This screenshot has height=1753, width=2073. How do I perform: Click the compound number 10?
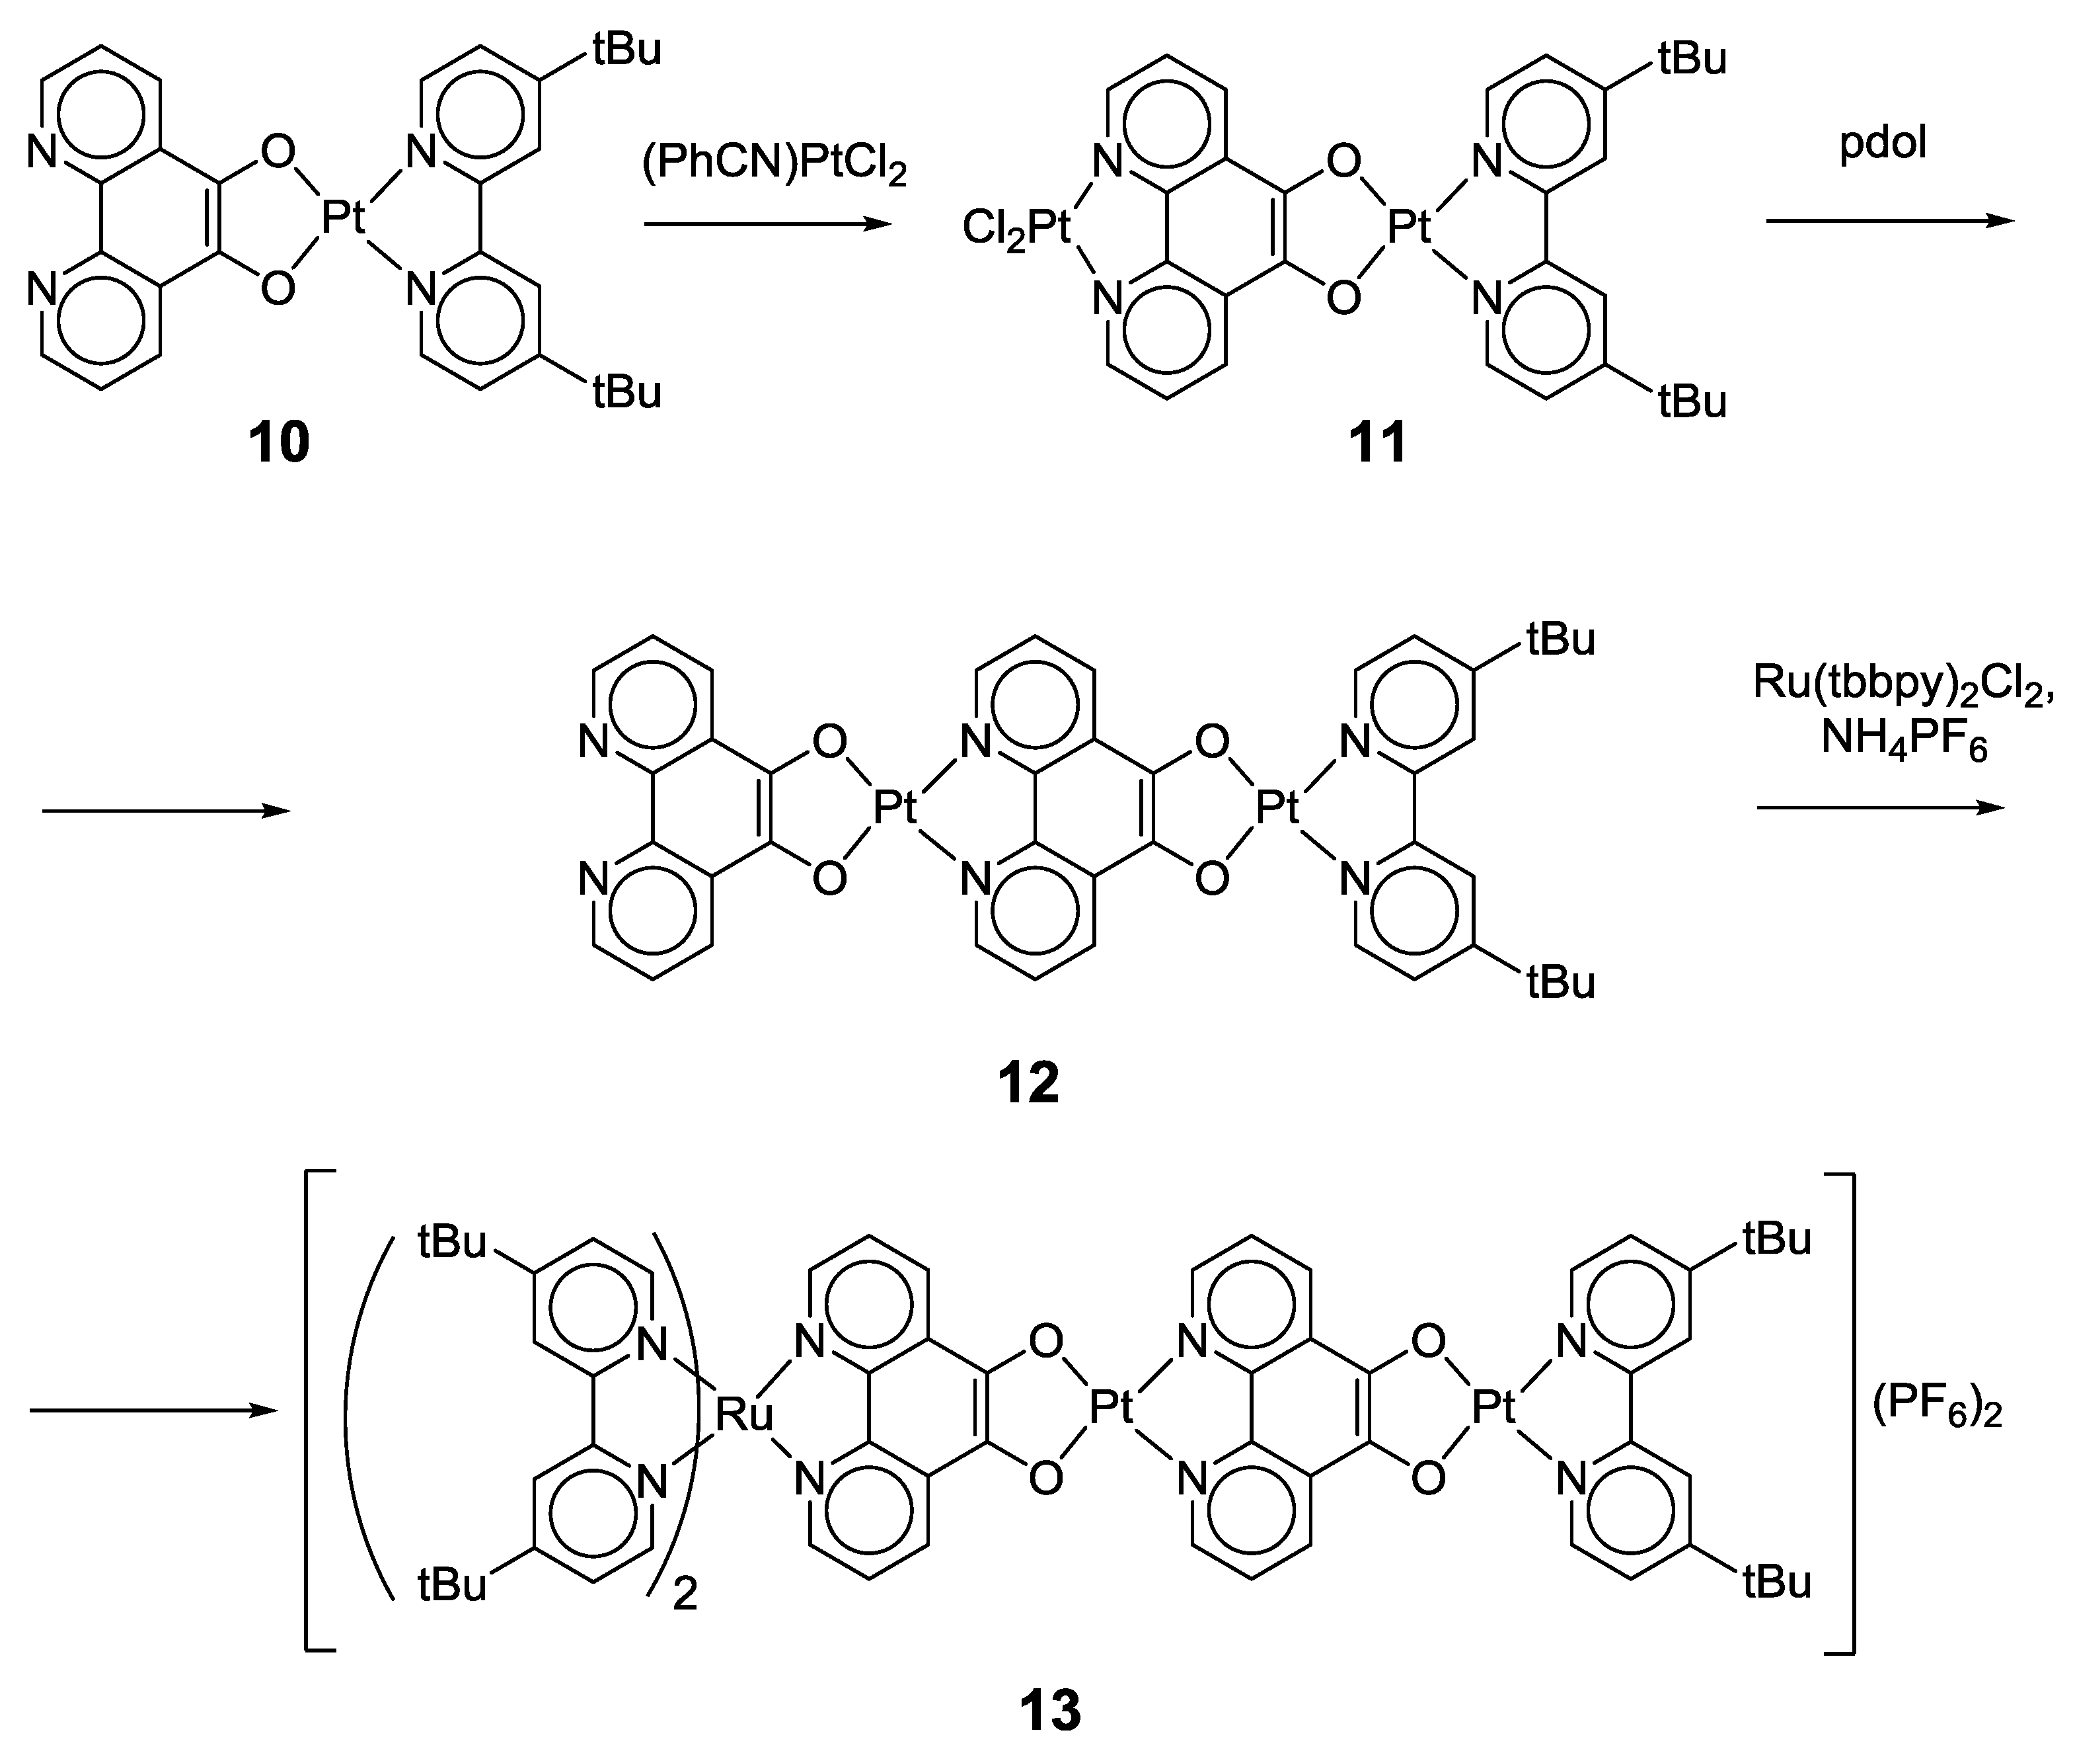[x=279, y=443]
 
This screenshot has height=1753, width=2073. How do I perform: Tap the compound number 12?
[x=1029, y=1082]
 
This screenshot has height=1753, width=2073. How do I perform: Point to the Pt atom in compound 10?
[x=344, y=218]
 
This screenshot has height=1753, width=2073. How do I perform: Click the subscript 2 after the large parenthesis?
[x=685, y=1595]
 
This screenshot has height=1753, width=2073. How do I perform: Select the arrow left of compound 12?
[x=166, y=811]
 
